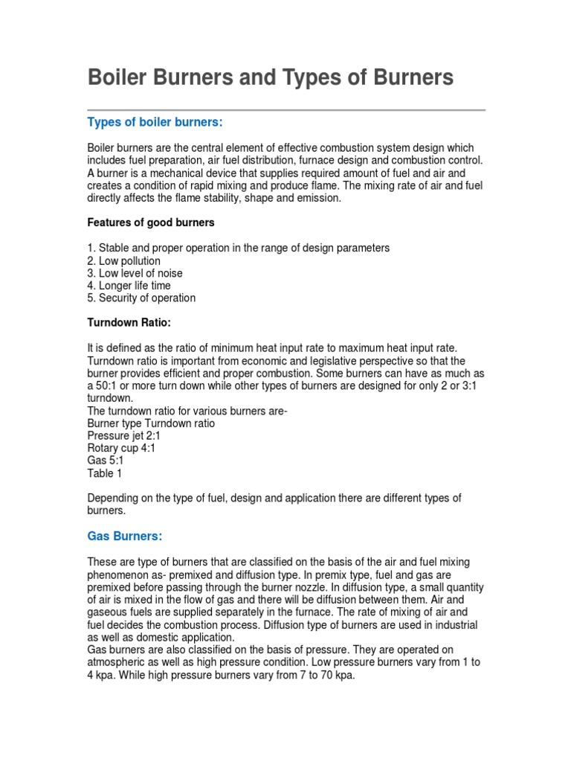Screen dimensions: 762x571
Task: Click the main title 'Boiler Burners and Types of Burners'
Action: point(271,78)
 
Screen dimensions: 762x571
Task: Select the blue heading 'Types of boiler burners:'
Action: point(155,122)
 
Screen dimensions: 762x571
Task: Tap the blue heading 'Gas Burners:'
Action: point(124,536)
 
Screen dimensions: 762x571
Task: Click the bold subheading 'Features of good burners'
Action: point(151,222)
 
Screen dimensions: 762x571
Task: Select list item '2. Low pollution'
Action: point(124,260)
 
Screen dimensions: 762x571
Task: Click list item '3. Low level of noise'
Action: point(135,273)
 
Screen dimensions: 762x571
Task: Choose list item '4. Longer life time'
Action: point(129,286)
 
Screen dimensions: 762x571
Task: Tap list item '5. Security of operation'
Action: point(141,298)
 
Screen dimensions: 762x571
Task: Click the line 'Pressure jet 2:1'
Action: point(123,435)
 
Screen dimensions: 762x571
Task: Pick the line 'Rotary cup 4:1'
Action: point(121,448)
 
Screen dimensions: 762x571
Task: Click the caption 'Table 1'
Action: point(105,473)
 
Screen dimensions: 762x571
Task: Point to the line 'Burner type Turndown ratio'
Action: point(151,423)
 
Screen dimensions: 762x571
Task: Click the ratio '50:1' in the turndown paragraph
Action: point(108,385)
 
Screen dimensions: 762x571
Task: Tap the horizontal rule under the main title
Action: point(286,110)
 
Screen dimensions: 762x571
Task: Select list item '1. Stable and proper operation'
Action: point(238,248)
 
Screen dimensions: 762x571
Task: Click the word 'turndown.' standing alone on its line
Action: point(111,398)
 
